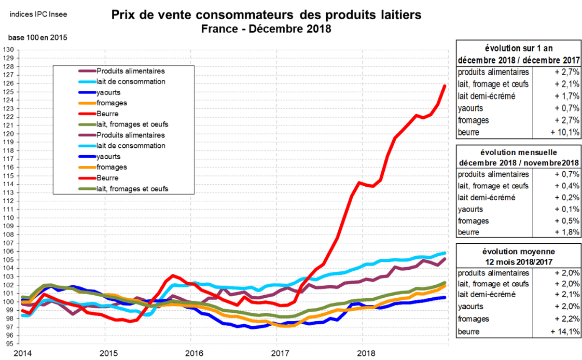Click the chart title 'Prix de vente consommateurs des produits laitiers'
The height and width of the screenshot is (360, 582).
267,16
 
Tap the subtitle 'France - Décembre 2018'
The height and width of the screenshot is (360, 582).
267,29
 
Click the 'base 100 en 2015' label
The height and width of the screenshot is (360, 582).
37,38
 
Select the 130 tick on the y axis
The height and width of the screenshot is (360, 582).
8,50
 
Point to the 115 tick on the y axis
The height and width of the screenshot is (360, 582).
8,176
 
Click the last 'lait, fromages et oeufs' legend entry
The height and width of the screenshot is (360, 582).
132,188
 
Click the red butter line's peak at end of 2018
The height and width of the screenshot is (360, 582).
445,86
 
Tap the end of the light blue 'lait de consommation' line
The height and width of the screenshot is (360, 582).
445,253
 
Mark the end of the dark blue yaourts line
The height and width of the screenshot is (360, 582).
445,297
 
